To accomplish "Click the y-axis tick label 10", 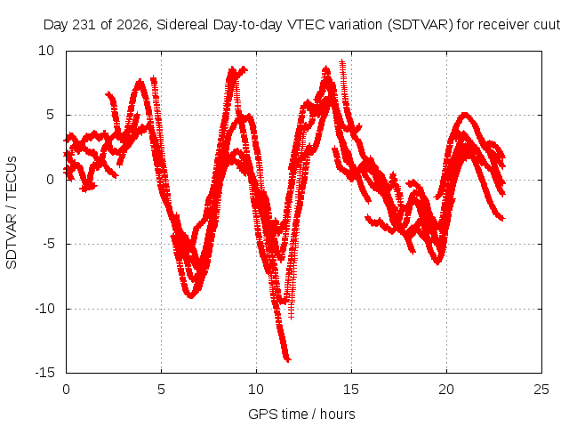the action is point(46,51).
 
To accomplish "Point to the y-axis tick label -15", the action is point(44,373).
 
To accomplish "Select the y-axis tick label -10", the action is point(44,309).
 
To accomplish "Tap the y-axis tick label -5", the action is point(49,244).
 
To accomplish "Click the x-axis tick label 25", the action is point(541,390).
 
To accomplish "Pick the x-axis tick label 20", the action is point(446,390).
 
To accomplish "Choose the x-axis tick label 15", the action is point(351,390).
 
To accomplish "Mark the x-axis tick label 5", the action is point(161,390).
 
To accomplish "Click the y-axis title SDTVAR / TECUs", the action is point(12,213).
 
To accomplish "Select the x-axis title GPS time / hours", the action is point(301,414).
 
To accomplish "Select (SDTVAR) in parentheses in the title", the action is point(421,25).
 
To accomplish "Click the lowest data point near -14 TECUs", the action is point(288,360).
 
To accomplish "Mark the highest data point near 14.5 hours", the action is point(342,62).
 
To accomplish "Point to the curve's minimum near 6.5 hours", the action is point(191,296).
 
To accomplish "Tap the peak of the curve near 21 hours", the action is point(465,115).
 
